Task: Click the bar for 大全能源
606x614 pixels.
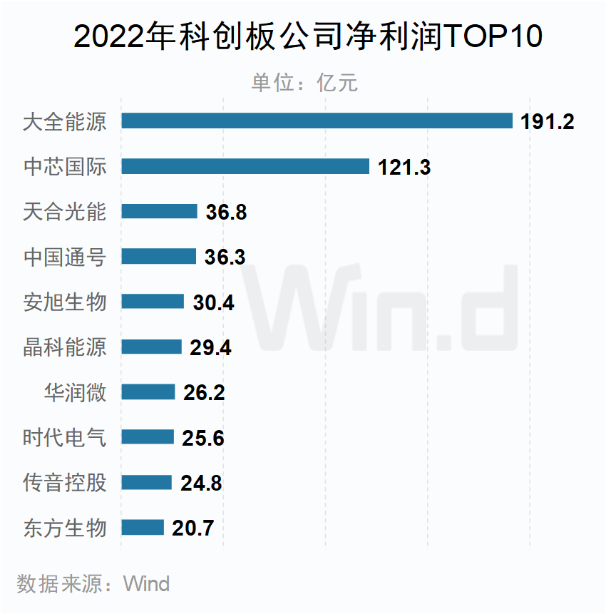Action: [x=317, y=121]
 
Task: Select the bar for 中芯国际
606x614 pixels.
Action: [x=245, y=166]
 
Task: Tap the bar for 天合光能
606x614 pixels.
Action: [x=159, y=211]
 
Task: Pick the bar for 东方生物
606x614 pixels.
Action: [x=143, y=528]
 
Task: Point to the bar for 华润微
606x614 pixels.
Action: [x=148, y=392]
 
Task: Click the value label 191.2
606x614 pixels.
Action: [x=547, y=122]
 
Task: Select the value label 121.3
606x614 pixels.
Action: [x=404, y=167]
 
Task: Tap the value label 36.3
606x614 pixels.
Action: [x=225, y=257]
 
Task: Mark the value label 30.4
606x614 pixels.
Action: [x=213, y=302]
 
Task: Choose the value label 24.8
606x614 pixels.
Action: [x=201, y=483]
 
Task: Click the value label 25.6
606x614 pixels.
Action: [x=203, y=438]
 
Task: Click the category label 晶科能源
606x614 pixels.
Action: [x=65, y=347]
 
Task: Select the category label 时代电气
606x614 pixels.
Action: [x=65, y=437]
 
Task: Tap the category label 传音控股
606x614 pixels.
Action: [x=65, y=483]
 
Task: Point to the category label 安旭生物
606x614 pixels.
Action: [x=65, y=302]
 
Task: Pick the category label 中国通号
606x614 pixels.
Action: [x=65, y=257]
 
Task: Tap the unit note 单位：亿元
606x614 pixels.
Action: [x=304, y=83]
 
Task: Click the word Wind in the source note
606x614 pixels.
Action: [x=147, y=585]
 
